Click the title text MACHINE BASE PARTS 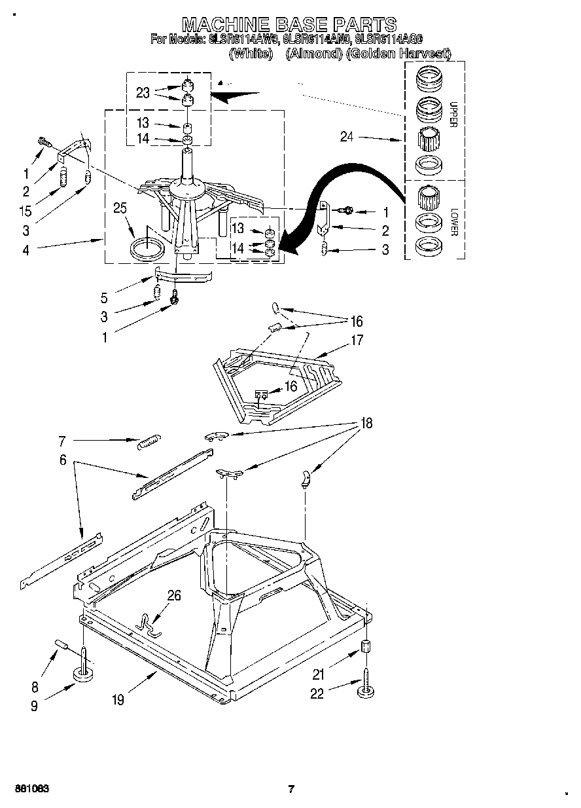[289, 24]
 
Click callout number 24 [347, 137]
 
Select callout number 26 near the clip [174, 596]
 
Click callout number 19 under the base [117, 701]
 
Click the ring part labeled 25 [147, 249]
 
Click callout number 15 [25, 211]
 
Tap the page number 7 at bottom [290, 788]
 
